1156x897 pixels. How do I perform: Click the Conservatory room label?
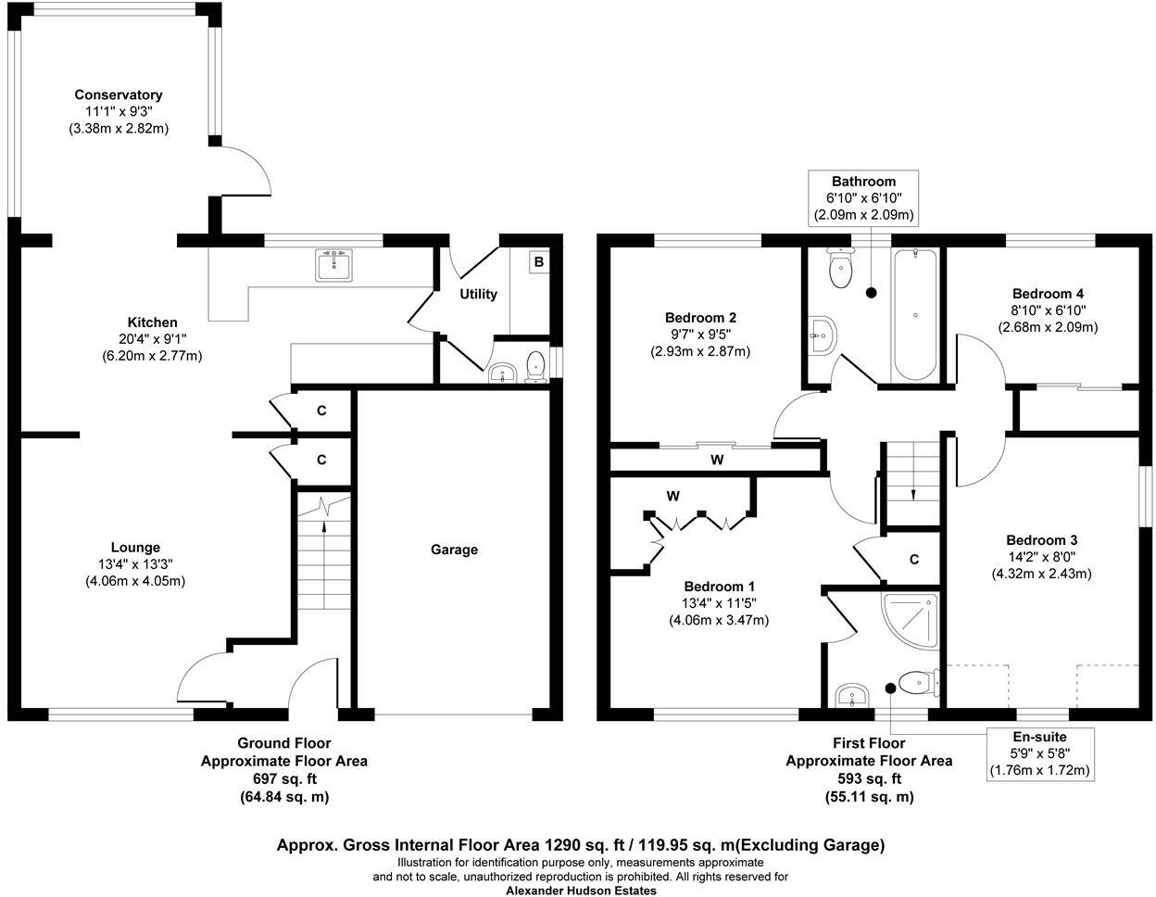[119, 95]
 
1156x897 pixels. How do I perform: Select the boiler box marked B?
[538, 262]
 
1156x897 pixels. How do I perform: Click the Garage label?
[454, 550]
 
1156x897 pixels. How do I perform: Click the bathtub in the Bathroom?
[915, 314]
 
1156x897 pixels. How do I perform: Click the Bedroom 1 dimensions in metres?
[719, 620]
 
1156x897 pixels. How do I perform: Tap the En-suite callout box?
[1040, 752]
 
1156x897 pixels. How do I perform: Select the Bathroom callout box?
[863, 197]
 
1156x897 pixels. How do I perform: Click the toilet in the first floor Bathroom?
[841, 269]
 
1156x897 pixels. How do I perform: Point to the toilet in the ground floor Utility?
[534, 366]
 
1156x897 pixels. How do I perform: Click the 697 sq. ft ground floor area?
[284, 779]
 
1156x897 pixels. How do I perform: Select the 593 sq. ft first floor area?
[869, 779]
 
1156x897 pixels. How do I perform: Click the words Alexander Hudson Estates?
[581, 891]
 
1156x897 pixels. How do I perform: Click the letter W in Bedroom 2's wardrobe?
[716, 460]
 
